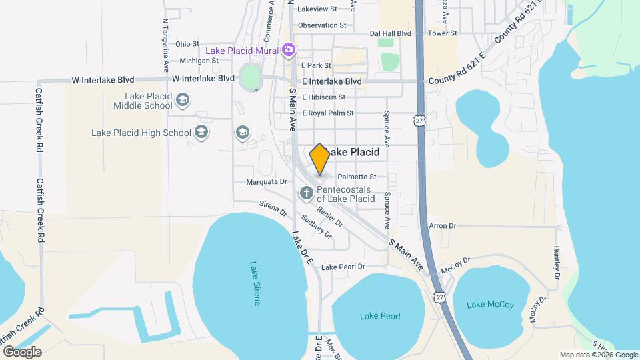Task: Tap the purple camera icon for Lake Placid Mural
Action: click(289, 49)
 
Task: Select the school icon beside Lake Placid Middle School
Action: click(183, 101)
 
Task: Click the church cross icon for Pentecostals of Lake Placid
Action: click(306, 193)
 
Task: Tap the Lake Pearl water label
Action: click(380, 316)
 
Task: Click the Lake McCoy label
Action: click(490, 305)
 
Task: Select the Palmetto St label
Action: click(357, 177)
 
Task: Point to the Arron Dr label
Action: click(443, 226)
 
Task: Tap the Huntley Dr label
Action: click(557, 262)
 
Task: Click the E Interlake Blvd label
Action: click(331, 81)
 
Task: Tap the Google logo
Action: click(22, 351)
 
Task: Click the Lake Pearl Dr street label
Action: click(343, 267)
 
